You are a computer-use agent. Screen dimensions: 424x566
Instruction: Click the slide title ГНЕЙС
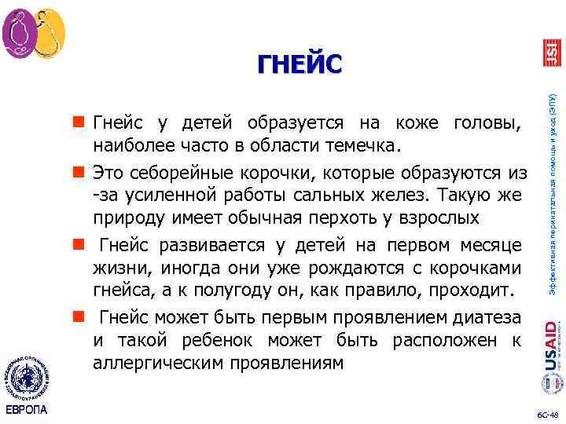[x=300, y=61]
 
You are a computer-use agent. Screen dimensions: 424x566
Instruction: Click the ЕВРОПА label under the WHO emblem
[x=26, y=411]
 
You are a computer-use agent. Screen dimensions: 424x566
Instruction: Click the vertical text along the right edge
[x=552, y=188]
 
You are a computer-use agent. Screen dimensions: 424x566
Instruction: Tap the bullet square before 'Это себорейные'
[x=79, y=171]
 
